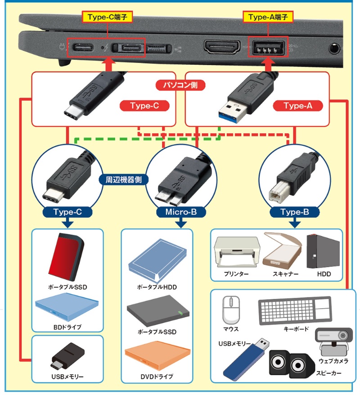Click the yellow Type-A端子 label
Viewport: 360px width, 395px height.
click(x=268, y=18)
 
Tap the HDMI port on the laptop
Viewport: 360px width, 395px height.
click(x=223, y=47)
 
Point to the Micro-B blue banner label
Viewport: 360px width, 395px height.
click(x=180, y=211)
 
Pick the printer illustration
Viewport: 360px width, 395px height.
click(x=234, y=253)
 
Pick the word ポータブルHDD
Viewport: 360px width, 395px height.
click(x=157, y=287)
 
